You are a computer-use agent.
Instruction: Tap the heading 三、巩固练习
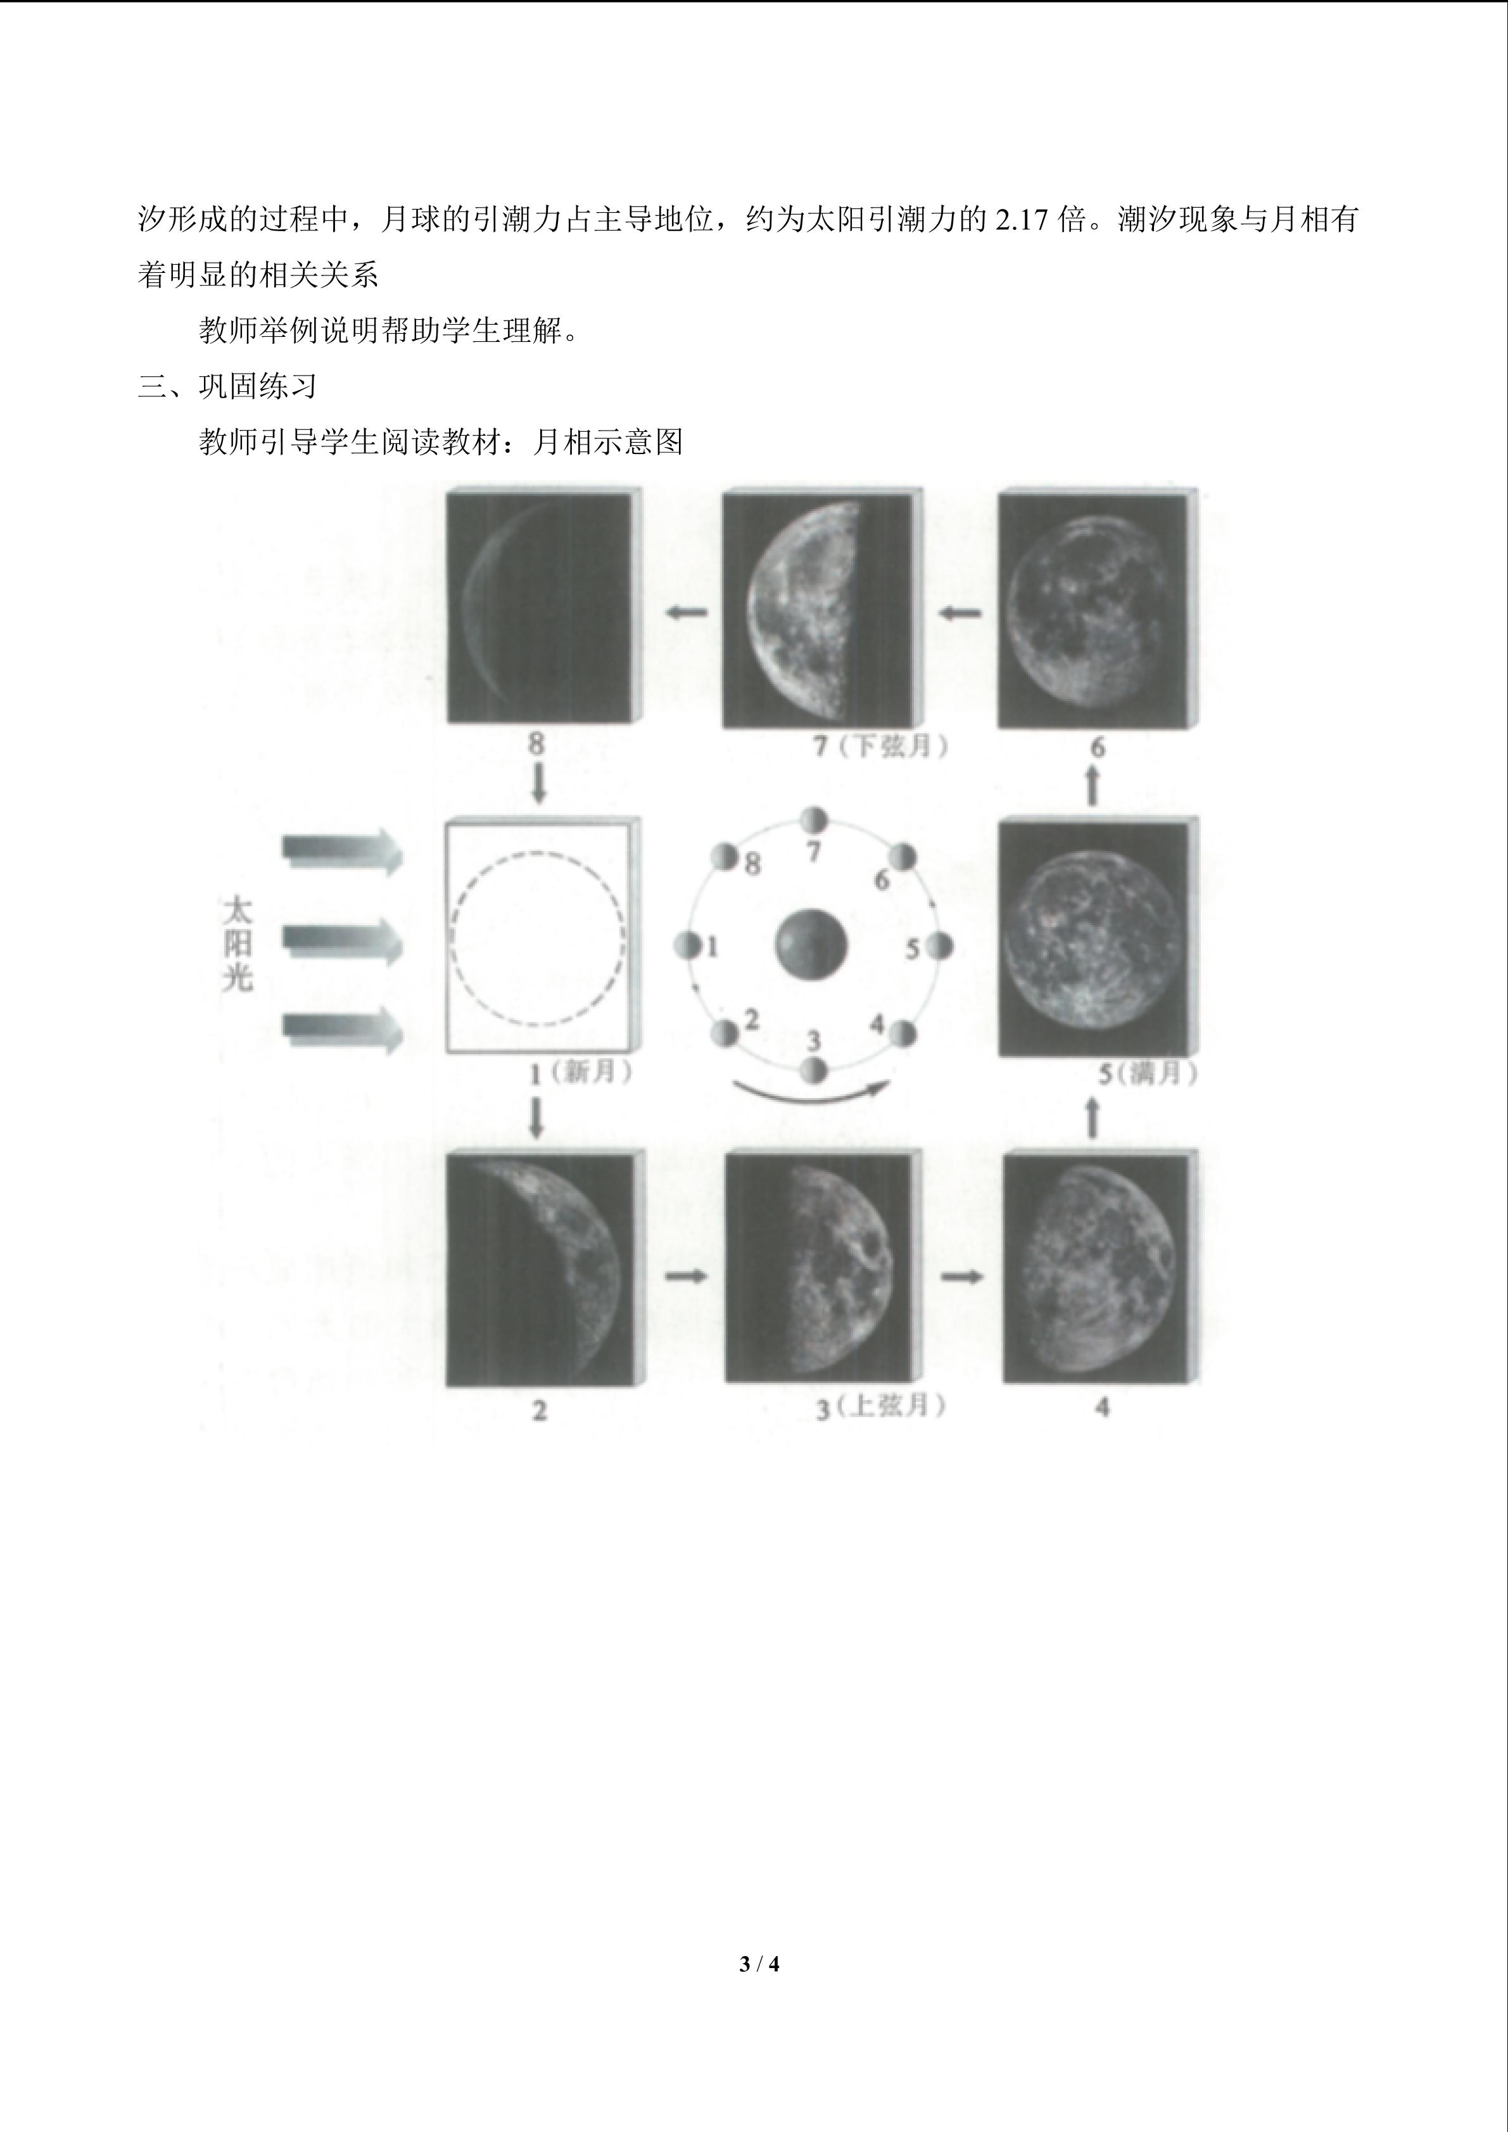[227, 386]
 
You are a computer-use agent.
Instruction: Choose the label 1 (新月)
[581, 1073]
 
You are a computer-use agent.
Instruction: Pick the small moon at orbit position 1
[688, 946]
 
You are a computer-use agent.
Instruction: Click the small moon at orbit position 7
[813, 820]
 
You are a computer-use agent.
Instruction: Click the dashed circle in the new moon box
[538, 854]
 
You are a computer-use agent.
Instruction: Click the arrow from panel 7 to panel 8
[686, 612]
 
